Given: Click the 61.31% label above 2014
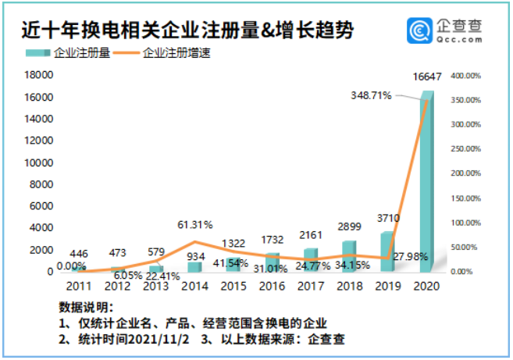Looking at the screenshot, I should (x=195, y=225).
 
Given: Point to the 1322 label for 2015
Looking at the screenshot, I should (x=233, y=243).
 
